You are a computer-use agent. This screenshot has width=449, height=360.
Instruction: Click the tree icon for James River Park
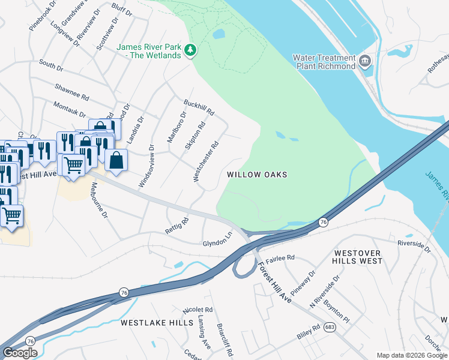[191, 50]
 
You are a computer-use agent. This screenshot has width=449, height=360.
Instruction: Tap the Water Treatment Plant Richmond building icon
[364, 61]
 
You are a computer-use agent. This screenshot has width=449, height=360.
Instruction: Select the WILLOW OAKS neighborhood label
[257, 175]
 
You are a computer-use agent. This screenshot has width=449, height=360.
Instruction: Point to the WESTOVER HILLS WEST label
[358, 257]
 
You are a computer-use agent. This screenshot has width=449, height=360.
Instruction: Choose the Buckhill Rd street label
[199, 108]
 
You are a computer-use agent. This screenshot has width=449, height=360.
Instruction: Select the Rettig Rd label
[177, 226]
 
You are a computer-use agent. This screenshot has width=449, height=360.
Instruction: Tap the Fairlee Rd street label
[280, 257]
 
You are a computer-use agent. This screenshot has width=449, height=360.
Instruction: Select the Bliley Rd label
[309, 332]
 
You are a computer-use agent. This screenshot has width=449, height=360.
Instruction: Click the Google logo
[20, 353]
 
